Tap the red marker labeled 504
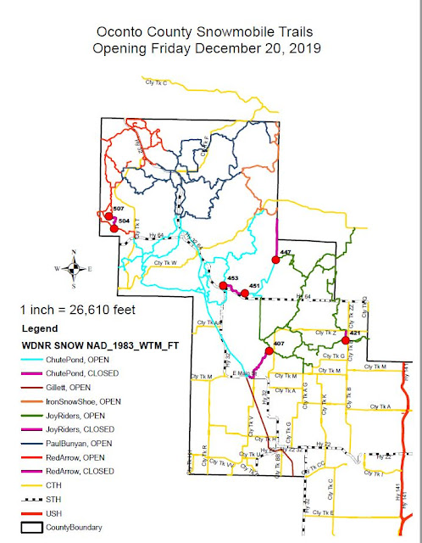click(114, 227)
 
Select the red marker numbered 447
click(275, 260)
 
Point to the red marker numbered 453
click(222, 285)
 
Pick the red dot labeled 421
click(345, 340)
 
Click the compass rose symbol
click(75, 268)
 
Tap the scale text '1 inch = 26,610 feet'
click(72, 308)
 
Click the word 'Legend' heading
click(40, 327)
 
